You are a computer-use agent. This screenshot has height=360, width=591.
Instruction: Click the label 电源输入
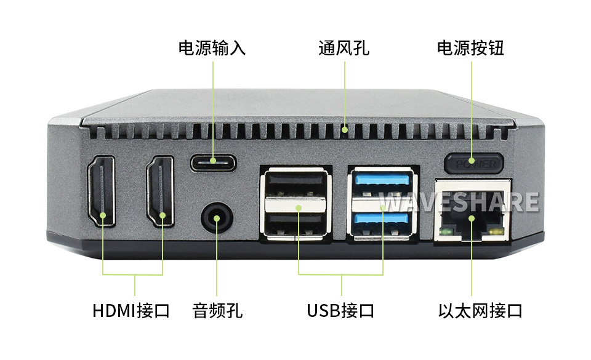tap(212, 48)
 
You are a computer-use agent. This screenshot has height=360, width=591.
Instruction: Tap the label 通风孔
tap(344, 48)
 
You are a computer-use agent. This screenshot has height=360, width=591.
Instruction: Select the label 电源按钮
tap(470, 48)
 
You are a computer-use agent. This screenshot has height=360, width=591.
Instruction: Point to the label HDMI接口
tap(131, 311)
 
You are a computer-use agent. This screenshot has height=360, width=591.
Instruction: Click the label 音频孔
tap(217, 311)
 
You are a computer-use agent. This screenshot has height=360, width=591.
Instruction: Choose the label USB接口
tap(340, 311)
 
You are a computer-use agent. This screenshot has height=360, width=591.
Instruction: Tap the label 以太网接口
tap(480, 311)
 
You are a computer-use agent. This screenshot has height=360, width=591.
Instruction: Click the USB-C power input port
tap(214, 163)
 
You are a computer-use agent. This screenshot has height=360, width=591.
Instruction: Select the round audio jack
tap(217, 218)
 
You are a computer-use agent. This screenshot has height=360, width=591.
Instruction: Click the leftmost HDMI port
tap(102, 191)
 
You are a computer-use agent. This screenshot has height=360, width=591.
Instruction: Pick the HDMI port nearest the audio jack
tap(160, 191)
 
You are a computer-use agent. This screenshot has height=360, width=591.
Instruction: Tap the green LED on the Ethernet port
tap(446, 231)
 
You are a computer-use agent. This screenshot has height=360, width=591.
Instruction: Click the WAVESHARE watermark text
tap(459, 202)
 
